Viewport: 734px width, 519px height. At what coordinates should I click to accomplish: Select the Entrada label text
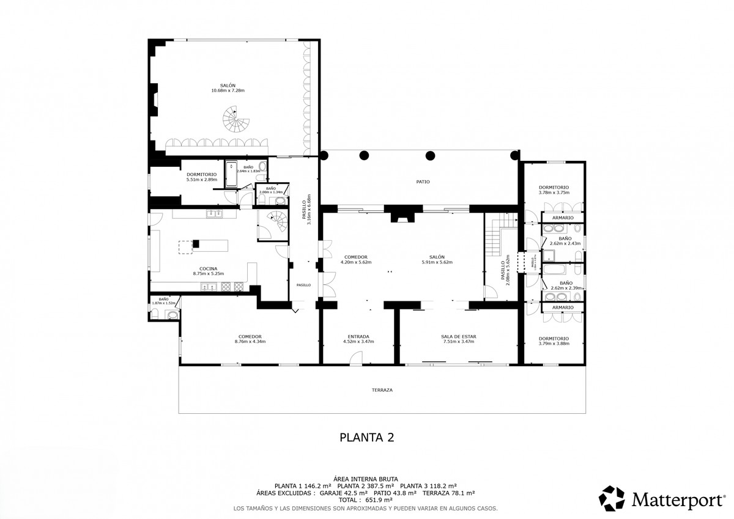pyautogui.click(x=358, y=336)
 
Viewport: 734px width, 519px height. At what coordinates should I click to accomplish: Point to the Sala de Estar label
pyautogui.click(x=458, y=336)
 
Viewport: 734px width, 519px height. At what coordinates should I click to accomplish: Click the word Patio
pyautogui.click(x=423, y=182)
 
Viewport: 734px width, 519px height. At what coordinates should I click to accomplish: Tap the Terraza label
pyautogui.click(x=382, y=389)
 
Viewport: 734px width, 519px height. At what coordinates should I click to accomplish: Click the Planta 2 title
pyautogui.click(x=366, y=437)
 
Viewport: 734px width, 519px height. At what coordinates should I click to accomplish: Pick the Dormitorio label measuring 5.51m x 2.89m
pyautogui.click(x=201, y=174)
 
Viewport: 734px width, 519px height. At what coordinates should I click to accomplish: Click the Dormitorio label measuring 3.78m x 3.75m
pyautogui.click(x=554, y=187)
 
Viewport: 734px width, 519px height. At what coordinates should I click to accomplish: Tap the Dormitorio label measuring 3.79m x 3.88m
pyautogui.click(x=554, y=338)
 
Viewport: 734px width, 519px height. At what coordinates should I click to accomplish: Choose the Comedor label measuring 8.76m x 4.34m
pyautogui.click(x=250, y=336)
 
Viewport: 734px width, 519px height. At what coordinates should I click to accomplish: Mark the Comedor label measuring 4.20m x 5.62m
pyautogui.click(x=355, y=257)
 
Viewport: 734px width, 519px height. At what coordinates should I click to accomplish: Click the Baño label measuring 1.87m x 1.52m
pyautogui.click(x=163, y=299)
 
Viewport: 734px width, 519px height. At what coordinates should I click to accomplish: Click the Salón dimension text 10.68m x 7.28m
pyautogui.click(x=228, y=91)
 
